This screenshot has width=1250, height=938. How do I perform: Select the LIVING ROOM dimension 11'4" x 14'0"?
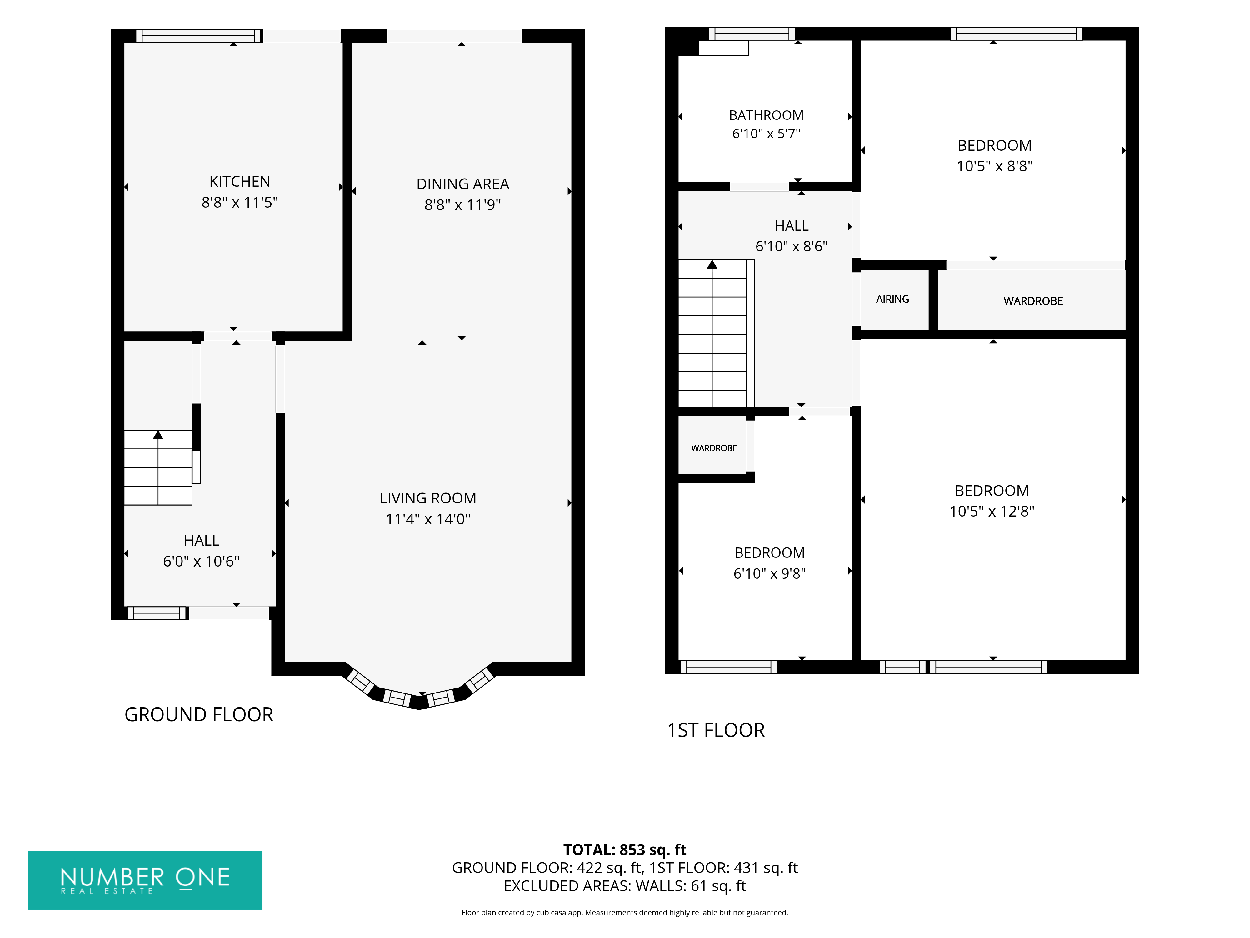[x=428, y=519]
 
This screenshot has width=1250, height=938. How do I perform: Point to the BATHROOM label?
[x=766, y=115]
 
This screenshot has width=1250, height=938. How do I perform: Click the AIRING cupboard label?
[x=892, y=299]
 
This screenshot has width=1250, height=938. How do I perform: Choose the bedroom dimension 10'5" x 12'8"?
[x=992, y=511]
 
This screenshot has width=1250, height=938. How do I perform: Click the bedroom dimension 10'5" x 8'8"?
[x=995, y=166]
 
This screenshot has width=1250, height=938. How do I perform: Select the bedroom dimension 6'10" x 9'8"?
[x=770, y=573]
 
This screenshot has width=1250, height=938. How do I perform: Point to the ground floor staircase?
[x=158, y=467]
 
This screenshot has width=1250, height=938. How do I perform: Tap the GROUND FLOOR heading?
[x=199, y=715]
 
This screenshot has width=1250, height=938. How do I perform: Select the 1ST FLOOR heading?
[x=716, y=730]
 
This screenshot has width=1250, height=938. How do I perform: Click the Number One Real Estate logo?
[x=145, y=880]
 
